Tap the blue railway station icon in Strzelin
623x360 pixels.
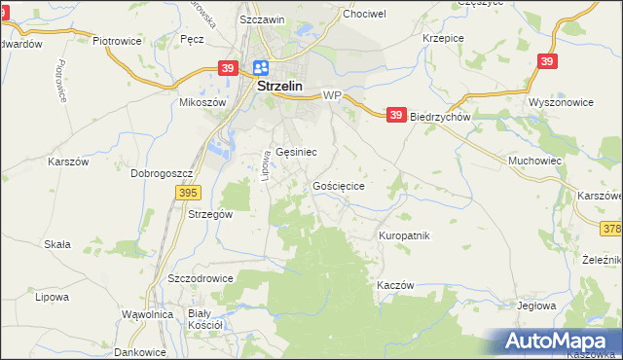(261, 68)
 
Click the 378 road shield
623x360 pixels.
(611, 229)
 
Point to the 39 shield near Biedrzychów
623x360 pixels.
(395, 115)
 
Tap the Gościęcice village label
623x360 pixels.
(339, 185)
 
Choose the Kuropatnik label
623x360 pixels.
(404, 235)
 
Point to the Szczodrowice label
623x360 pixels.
(201, 277)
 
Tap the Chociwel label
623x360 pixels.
(364, 15)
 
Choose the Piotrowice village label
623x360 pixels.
(117, 42)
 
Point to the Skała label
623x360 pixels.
(57, 244)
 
